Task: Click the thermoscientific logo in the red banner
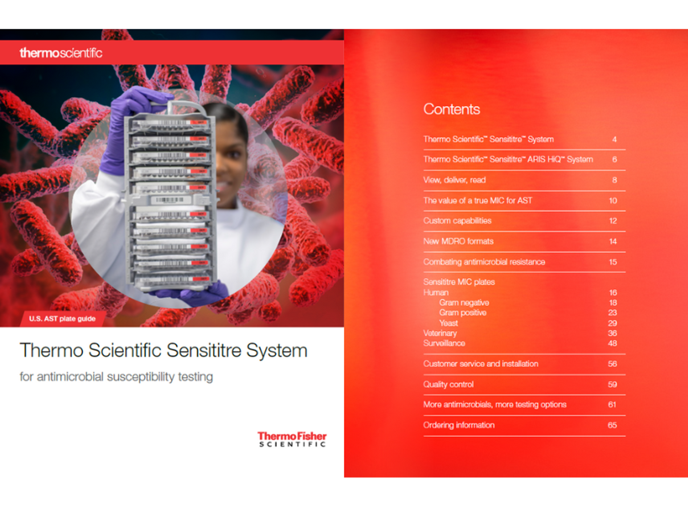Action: [61, 53]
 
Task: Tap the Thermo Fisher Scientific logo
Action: [292, 439]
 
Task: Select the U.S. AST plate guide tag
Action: [62, 319]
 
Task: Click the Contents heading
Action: [451, 109]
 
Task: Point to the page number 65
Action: [612, 425]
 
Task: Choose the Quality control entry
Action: [448, 384]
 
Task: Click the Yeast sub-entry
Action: [448, 323]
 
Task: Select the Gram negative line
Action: [464, 303]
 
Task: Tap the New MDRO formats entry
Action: [458, 241]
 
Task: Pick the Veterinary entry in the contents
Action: [440, 333]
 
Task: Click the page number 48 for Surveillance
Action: [612, 343]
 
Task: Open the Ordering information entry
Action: [459, 425]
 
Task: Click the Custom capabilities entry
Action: [457, 221]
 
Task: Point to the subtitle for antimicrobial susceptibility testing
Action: [116, 377]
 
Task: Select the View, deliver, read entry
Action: [454, 180]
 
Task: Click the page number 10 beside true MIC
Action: [613, 201]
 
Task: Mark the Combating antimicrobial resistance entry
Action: [484, 262]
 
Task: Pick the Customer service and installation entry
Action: [481, 364]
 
